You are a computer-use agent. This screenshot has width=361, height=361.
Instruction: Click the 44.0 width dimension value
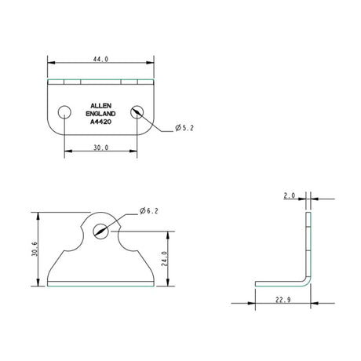tap(100, 58)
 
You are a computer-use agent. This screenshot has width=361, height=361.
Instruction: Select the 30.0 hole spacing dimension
tap(100, 148)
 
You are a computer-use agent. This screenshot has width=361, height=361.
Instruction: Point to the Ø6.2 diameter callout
tap(149, 211)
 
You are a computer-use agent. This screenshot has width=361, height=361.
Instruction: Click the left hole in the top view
tap(64, 111)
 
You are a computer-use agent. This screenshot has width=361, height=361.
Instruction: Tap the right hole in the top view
tap(138, 111)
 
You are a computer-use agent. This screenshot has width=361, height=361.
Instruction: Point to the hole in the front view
tap(100, 230)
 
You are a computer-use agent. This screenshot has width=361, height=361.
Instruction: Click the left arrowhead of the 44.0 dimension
tap(50, 61)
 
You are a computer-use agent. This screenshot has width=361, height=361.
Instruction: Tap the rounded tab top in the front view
tap(100, 214)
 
